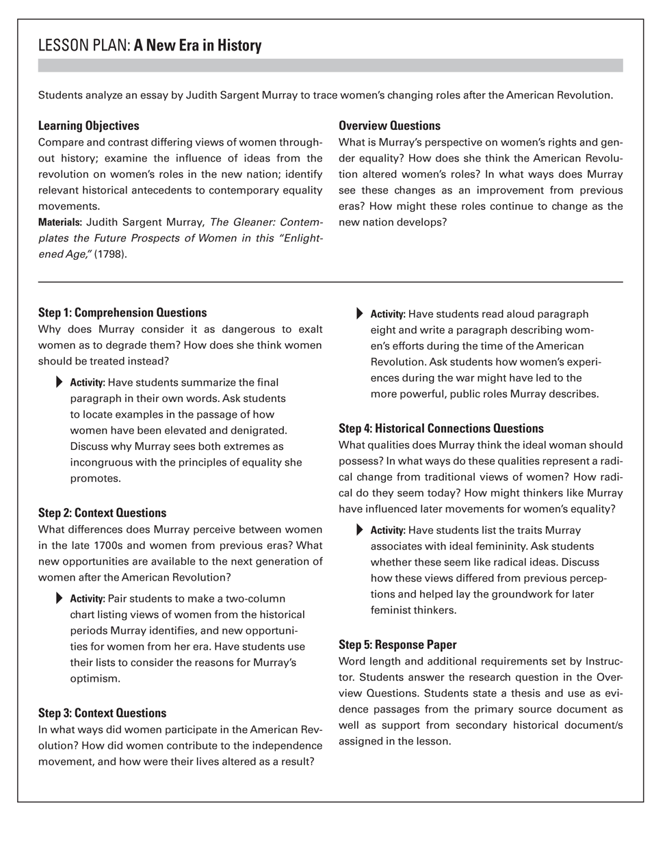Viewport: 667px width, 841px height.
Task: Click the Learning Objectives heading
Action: click(x=88, y=126)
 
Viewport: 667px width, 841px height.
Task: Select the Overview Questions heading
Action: click(x=389, y=126)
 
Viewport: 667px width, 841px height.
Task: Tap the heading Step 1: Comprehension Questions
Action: click(x=122, y=313)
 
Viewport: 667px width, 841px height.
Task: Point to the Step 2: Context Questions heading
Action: click(x=102, y=513)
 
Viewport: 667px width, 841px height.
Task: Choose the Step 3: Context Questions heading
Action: click(x=102, y=713)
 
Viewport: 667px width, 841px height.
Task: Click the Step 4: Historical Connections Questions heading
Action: click(x=441, y=429)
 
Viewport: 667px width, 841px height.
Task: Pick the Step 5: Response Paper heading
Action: click(x=397, y=645)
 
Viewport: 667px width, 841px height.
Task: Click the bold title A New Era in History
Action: click(x=198, y=46)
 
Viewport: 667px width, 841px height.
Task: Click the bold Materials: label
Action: click(x=60, y=222)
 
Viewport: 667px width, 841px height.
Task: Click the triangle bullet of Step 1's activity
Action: click(x=59, y=382)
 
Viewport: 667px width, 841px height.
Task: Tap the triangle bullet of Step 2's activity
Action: click(x=59, y=598)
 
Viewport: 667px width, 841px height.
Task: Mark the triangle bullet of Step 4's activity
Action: click(x=359, y=530)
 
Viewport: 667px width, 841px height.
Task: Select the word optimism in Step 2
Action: click(x=94, y=678)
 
